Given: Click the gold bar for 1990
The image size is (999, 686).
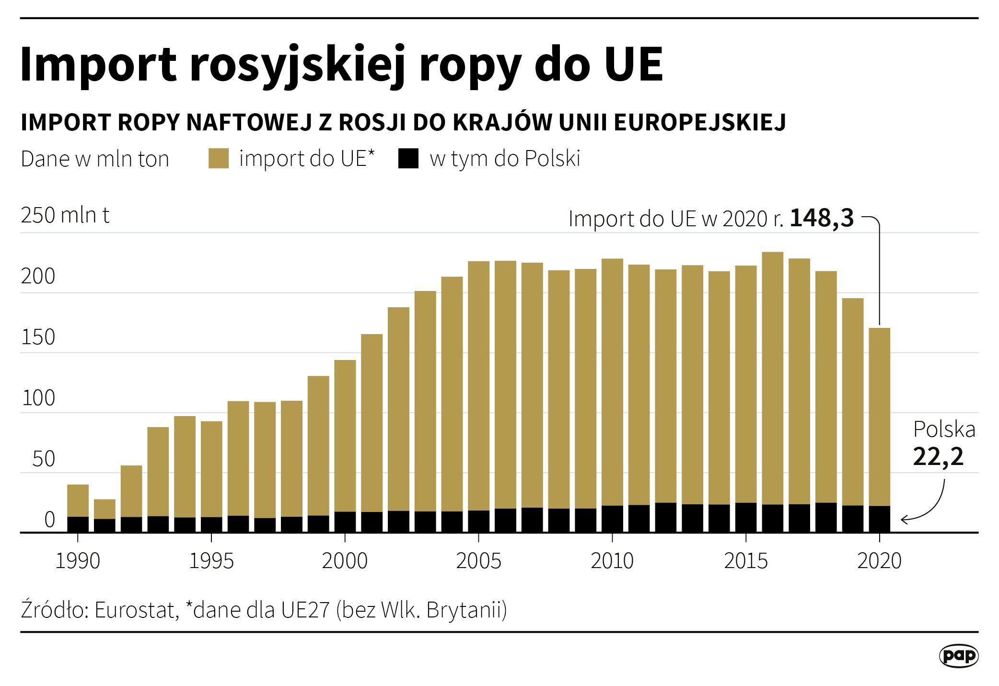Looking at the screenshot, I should pos(78,500).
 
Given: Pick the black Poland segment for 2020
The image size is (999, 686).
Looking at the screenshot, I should pos(879,519).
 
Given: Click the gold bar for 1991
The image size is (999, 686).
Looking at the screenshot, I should pos(105,509).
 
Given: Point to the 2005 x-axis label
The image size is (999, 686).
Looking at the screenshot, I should pos(478,561).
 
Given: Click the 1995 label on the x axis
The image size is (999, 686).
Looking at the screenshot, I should pos(211,561).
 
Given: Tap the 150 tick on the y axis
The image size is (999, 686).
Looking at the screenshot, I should pos(38,337).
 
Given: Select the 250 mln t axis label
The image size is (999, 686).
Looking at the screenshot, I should pos(65,215).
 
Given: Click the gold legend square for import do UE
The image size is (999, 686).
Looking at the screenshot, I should pos(219,159).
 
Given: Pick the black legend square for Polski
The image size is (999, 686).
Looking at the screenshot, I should pos(408,159).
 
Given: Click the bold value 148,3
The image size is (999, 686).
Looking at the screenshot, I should pos(822,219).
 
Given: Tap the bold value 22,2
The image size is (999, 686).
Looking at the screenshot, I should pos(938,457).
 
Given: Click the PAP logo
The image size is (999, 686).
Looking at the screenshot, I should pos(958,655).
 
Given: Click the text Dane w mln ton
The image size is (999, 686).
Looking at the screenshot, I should pos(95,159).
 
